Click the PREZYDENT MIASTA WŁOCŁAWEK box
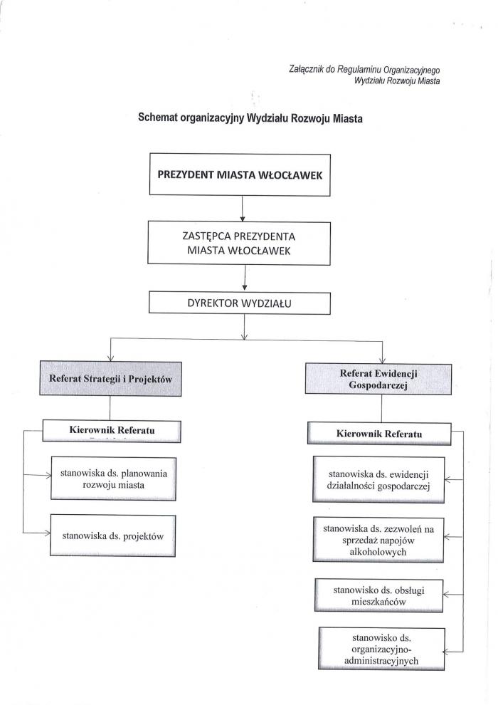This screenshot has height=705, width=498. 240,174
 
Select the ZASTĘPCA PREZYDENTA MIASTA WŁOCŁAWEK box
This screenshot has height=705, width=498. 239,244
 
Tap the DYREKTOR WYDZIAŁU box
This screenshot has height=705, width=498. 239,303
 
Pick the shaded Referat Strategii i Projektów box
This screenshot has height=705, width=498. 110,379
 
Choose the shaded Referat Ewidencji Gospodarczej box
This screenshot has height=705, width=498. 378,379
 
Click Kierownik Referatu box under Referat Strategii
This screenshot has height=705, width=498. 112,431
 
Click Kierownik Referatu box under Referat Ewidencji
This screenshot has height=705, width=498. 379,434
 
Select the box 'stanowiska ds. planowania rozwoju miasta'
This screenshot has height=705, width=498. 113,479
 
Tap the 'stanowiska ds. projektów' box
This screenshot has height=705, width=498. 112,536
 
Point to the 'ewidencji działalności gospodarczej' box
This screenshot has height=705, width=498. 378,480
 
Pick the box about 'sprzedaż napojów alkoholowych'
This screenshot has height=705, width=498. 378,540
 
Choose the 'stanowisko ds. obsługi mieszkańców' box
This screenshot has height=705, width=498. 378,596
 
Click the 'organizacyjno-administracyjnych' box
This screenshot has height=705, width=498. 381,649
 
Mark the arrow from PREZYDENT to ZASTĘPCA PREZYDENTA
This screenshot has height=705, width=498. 243,209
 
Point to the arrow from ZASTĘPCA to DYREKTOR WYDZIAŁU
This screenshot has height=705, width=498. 245,278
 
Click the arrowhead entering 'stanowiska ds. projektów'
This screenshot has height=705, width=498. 47,533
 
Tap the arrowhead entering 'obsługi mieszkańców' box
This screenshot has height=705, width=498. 446,595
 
